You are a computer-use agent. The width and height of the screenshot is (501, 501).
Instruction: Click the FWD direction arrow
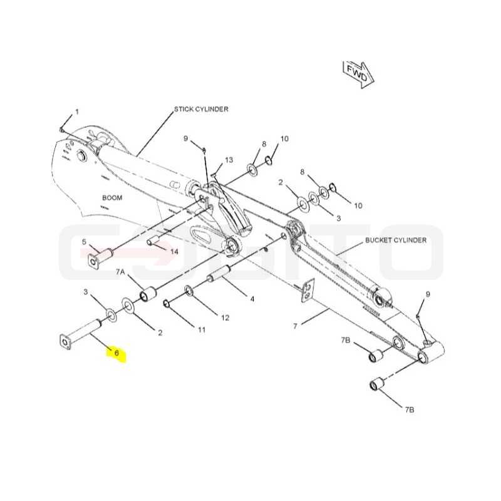[358, 75]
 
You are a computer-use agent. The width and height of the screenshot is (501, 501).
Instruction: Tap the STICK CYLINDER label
[201, 109]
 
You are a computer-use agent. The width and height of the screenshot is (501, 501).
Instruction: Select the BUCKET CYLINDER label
[396, 240]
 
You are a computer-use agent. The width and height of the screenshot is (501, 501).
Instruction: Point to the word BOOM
[112, 198]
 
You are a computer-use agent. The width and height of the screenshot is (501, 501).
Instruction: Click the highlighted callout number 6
[116, 353]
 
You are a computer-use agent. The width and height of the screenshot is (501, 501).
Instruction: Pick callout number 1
[77, 112]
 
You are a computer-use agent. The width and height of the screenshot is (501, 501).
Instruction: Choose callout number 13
[229, 160]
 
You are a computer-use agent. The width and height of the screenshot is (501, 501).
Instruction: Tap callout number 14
[174, 252]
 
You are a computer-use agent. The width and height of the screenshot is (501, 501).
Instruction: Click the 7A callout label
[120, 272]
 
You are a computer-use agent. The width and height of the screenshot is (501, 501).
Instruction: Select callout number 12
[225, 318]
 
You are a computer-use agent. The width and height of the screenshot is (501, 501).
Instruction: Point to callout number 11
[202, 330]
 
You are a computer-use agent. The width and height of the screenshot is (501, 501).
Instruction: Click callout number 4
[252, 299]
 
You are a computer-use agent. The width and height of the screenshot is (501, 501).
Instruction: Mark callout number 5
[84, 242]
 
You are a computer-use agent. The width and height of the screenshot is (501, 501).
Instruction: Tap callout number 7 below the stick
[295, 326]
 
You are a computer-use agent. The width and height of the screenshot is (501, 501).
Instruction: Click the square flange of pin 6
[66, 342]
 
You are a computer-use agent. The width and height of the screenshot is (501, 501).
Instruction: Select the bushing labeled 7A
[148, 294]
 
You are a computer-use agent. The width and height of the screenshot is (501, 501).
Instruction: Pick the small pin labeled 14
[153, 240]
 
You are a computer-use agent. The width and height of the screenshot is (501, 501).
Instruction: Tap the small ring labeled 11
[167, 303]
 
